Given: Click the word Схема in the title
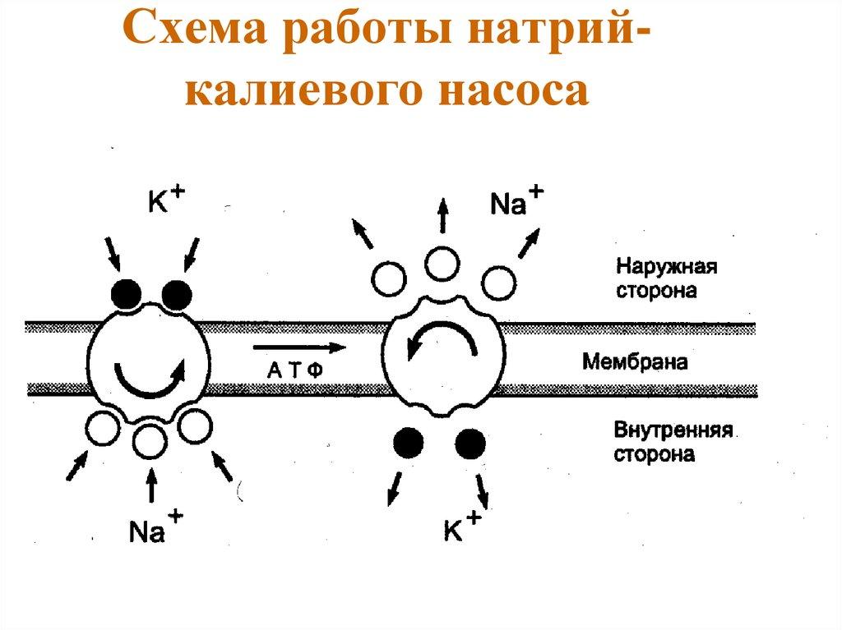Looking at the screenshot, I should point(198,36).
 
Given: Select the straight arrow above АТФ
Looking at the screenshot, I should point(296,347).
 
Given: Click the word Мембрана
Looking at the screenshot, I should point(634,361).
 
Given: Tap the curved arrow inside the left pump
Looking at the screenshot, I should point(149,377).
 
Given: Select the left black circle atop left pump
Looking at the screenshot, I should point(125,292).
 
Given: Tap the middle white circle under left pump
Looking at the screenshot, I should point(150,441).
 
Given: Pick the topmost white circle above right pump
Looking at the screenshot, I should point(442,264).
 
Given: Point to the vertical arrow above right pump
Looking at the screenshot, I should point(442,217).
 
